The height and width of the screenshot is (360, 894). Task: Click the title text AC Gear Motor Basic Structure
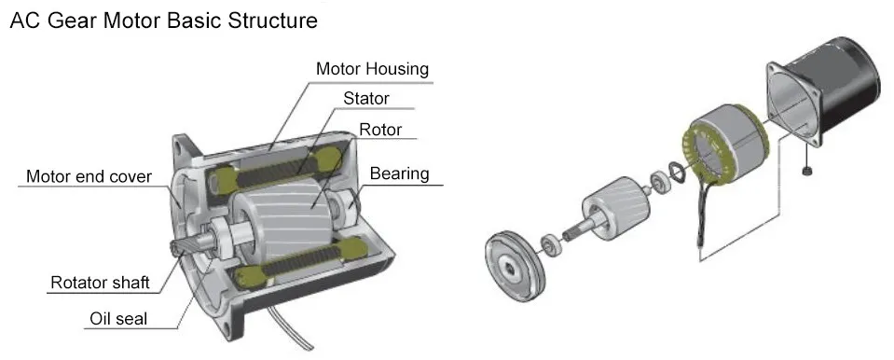164,21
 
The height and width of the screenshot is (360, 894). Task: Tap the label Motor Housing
372,69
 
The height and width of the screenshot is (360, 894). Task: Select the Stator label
366,98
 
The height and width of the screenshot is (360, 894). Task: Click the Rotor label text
380,130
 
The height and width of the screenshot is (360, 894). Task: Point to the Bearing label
400,173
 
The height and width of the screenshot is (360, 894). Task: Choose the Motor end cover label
89,176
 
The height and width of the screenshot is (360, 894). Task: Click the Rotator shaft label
101,282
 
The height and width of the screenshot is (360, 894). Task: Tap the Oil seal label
118,318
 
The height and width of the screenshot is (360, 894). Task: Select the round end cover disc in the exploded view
515,265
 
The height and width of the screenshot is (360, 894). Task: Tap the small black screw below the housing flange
805,171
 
